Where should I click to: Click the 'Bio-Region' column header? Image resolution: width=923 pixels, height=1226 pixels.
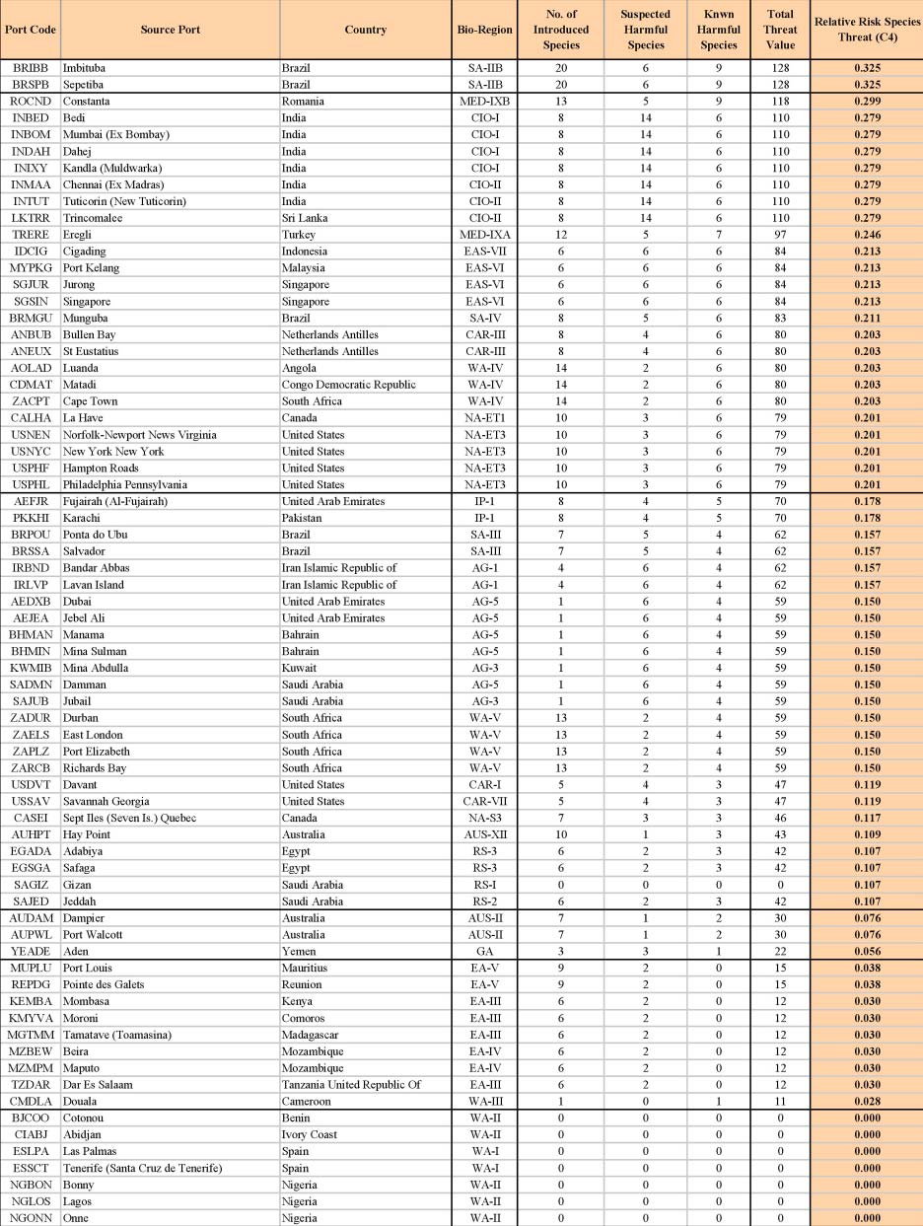[x=485, y=30]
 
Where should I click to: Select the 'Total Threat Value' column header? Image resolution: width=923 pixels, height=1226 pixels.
[x=779, y=30]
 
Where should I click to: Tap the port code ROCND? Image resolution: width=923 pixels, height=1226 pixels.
[x=31, y=101]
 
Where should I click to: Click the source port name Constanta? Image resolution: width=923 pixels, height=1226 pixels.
[x=87, y=101]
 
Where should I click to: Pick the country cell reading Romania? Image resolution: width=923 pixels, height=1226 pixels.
[x=305, y=101]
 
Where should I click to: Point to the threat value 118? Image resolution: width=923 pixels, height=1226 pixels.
[x=779, y=101]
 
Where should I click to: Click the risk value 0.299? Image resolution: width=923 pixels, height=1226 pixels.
[x=867, y=101]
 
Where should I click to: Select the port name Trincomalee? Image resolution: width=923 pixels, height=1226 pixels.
[x=95, y=217]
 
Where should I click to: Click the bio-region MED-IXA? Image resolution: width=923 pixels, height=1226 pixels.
[x=485, y=234]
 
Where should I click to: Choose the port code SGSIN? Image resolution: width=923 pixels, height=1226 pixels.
[x=31, y=301]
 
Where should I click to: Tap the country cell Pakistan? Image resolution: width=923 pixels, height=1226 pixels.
[x=304, y=518]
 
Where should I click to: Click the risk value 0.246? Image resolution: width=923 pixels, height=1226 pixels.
[x=867, y=234]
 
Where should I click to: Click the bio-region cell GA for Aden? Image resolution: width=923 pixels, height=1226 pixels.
[x=485, y=952]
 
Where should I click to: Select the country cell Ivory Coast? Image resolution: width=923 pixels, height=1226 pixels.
[x=310, y=1134]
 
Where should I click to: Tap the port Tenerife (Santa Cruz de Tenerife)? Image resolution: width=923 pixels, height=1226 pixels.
[x=152, y=1168]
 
